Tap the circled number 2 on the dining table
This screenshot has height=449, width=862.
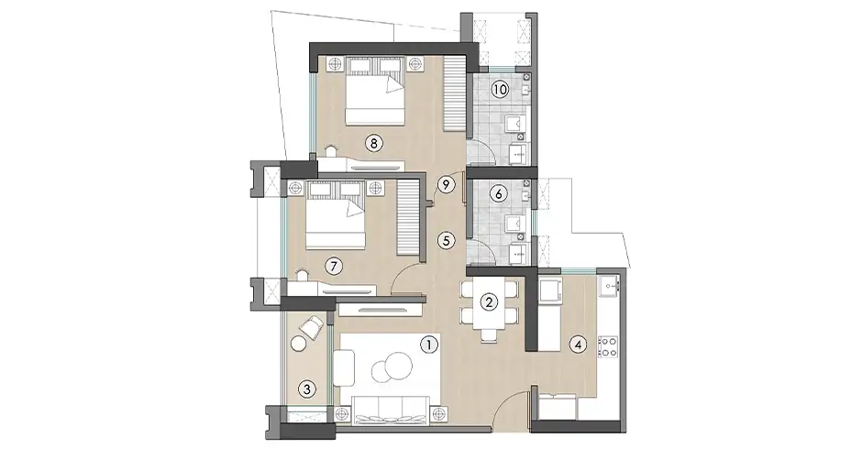490,301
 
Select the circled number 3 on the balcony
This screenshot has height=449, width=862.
308,389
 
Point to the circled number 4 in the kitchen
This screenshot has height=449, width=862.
577,345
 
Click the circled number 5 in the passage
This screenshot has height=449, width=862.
446,241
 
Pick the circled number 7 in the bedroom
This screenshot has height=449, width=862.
334,266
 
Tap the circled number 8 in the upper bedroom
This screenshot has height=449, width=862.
372,142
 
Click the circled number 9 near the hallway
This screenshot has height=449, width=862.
446,184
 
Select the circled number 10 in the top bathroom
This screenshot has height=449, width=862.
500,90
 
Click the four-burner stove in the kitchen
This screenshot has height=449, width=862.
607,346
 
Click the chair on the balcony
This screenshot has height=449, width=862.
313,325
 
